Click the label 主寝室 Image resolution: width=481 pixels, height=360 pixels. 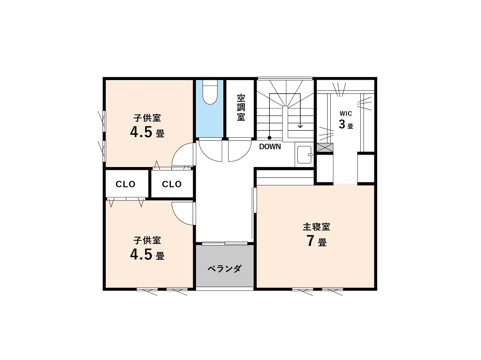click(316, 227)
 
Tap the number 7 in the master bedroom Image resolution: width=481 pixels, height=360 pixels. click(310, 241)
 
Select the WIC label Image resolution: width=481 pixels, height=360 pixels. click(346, 114)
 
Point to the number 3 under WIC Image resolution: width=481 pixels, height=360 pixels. click(342, 124)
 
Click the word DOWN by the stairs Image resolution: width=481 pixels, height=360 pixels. click(270, 147)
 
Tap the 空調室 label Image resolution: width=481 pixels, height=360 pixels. click(241, 107)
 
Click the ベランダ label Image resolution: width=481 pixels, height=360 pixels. click(224, 268)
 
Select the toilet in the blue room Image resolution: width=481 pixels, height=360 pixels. click(210, 92)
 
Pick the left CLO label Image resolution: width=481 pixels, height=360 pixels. click(125, 184)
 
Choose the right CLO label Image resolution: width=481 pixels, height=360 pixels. click(172, 184)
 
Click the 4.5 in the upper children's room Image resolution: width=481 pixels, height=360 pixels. click(141, 132)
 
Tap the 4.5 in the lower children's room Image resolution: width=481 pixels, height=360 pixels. click(141, 254)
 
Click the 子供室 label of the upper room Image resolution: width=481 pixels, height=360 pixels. click(147, 118)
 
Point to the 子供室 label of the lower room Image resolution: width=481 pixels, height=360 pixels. click(147, 240)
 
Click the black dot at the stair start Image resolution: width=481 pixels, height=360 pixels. click(269, 138)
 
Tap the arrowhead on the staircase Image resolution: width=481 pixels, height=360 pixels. click(300, 126)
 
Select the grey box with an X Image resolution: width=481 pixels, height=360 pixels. click(325, 147)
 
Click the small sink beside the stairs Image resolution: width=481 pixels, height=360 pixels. click(304, 155)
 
